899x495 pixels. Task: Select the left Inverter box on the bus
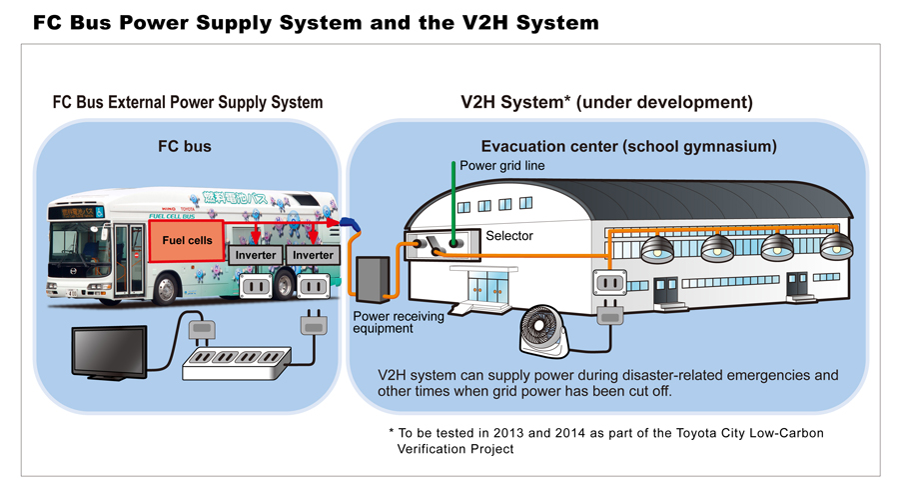pos(255,255)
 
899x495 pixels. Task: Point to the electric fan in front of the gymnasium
pos(548,331)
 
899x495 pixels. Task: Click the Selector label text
pos(508,236)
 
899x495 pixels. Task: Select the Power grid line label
pos(501,166)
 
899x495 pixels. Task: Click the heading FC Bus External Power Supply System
pos(188,102)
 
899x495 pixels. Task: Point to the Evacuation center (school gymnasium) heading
pos(628,147)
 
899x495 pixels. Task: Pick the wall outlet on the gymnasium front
pos(609,284)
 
